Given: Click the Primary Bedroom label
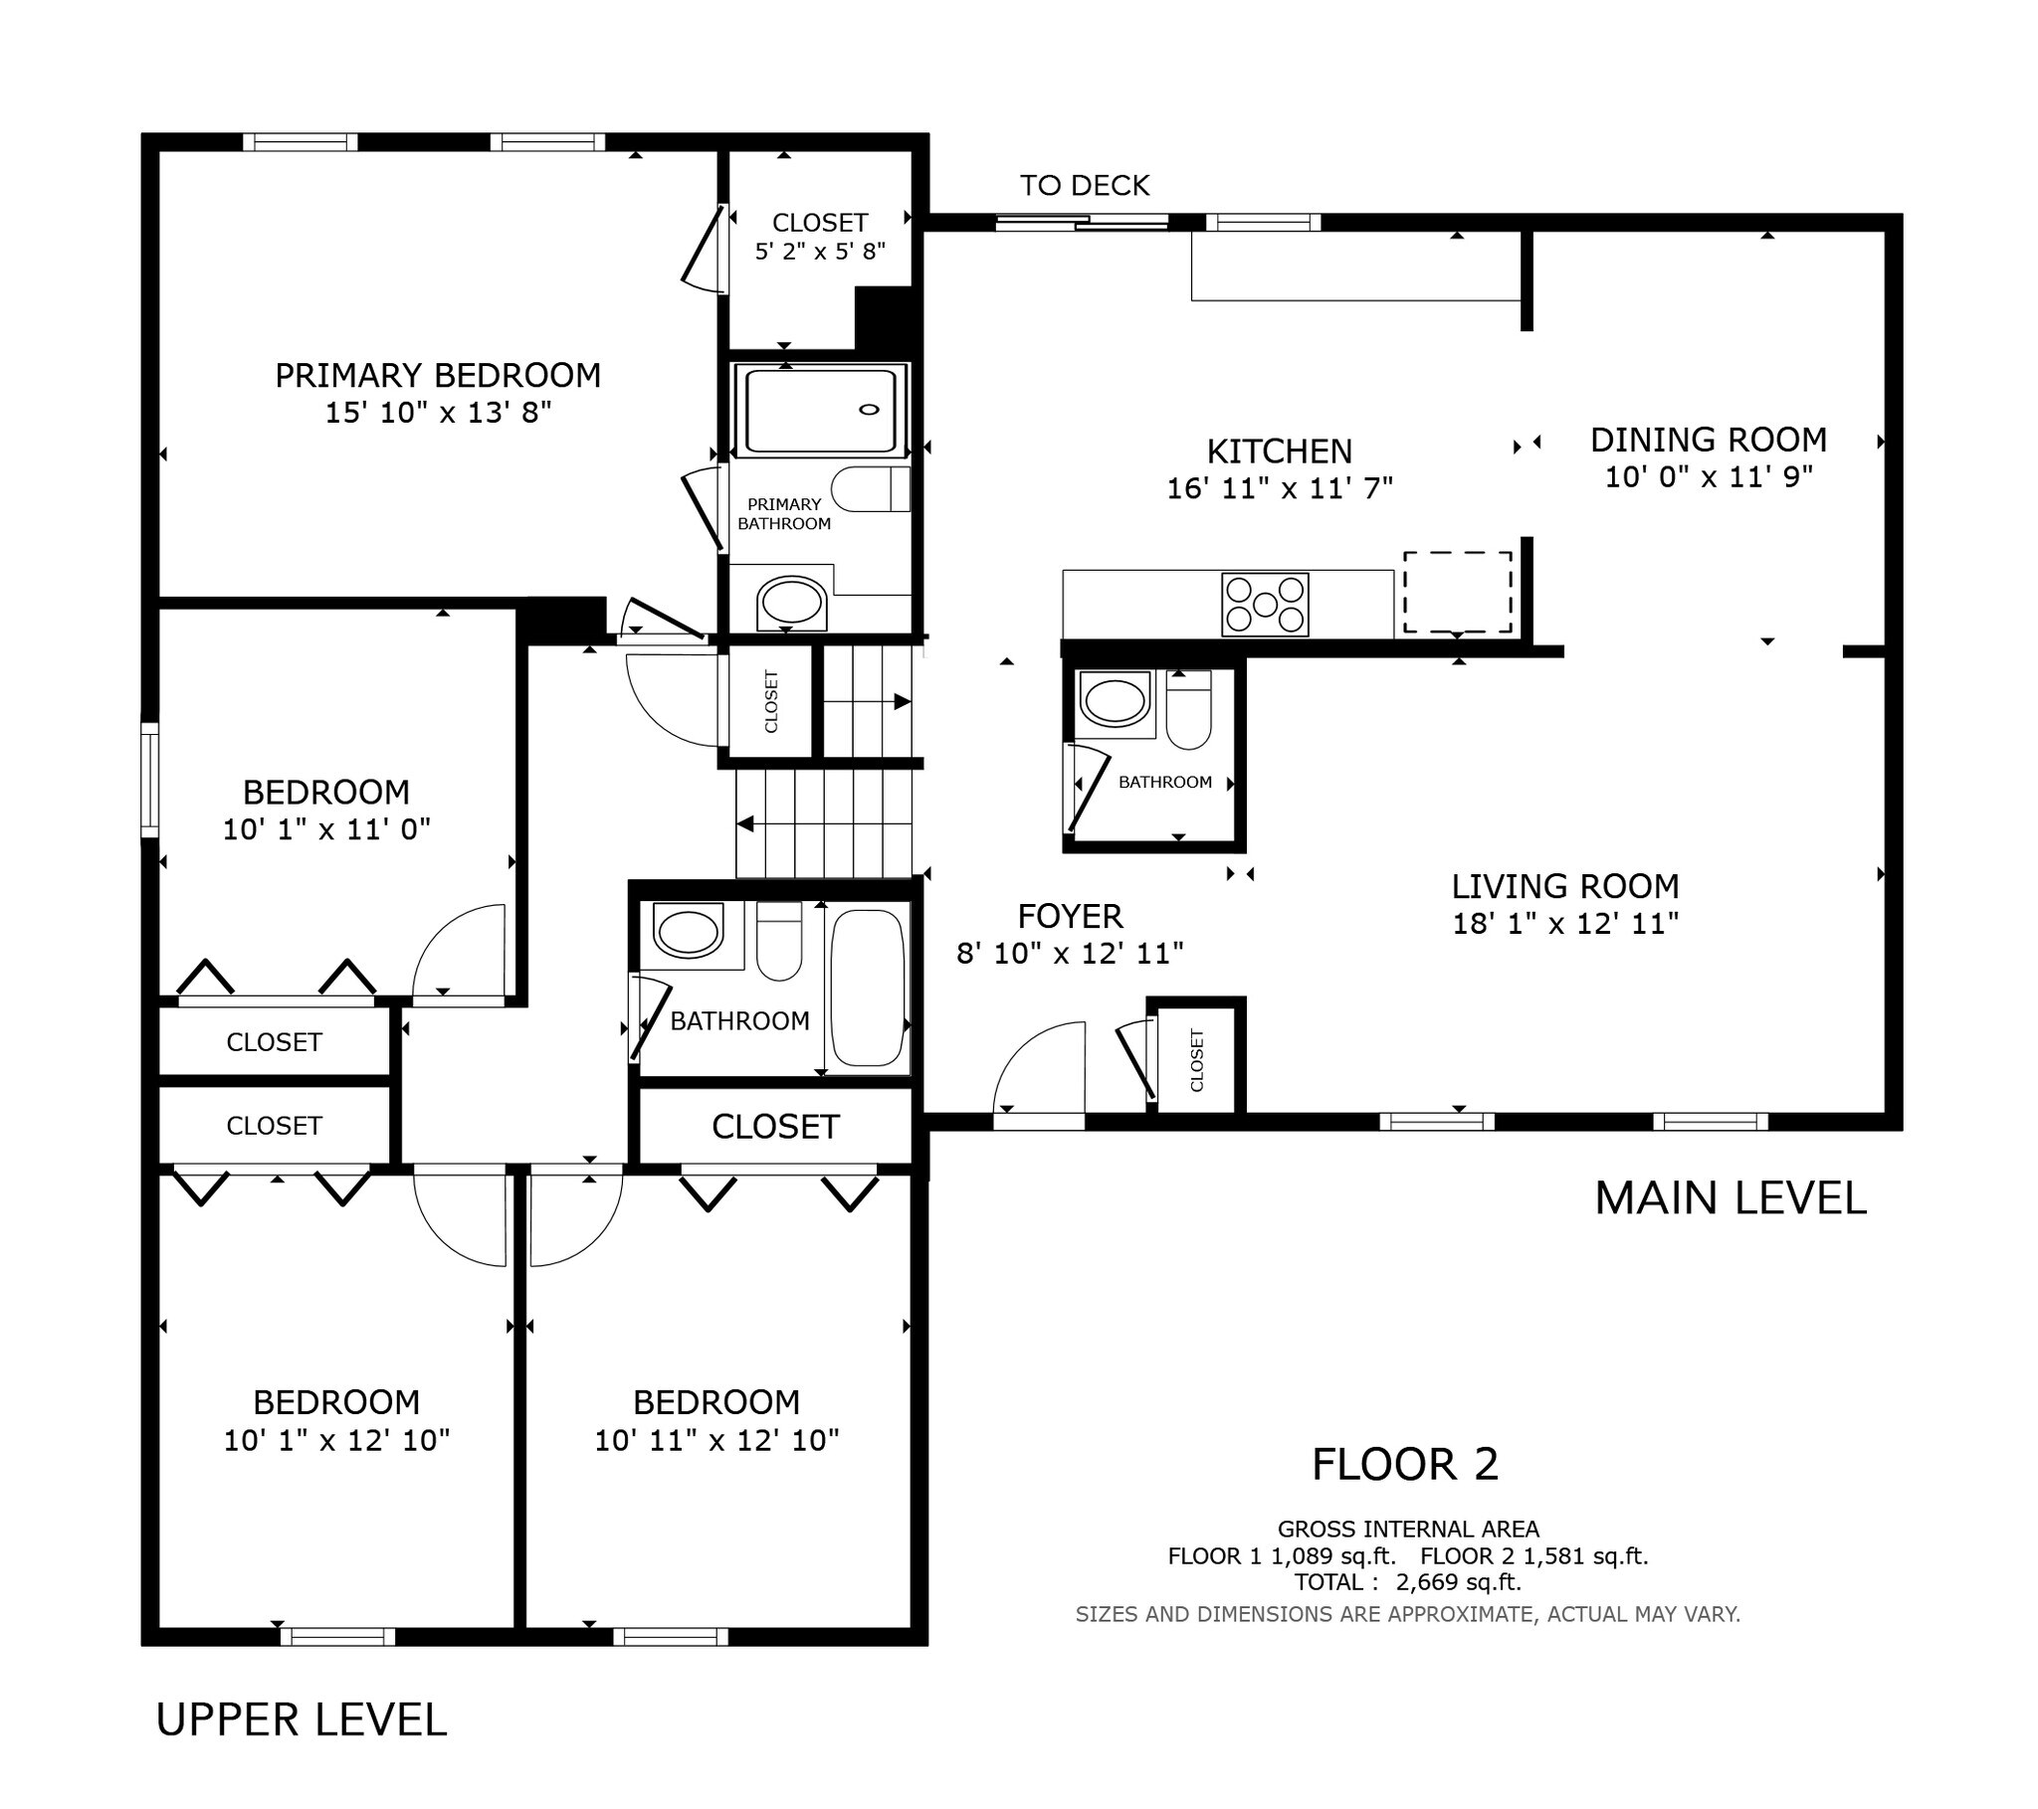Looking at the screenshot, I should (x=438, y=376).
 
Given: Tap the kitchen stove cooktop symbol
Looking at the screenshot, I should (x=1264, y=605).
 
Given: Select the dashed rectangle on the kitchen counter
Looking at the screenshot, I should (x=1457, y=592).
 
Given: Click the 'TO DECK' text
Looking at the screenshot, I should (x=1084, y=185).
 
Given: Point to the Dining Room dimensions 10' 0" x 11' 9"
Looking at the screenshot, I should (x=1708, y=477).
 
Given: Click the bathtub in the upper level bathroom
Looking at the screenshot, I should (x=868, y=988).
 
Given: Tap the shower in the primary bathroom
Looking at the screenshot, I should (x=821, y=411).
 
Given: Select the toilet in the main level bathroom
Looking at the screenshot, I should (x=1187, y=711).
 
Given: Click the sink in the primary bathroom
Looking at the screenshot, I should (x=791, y=603).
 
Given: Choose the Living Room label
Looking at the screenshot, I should (x=1564, y=886).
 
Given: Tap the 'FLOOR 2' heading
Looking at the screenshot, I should (x=1404, y=1464).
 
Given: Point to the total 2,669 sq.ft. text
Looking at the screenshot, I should (x=1407, y=1581).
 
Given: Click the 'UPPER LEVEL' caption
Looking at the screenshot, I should (x=302, y=1719).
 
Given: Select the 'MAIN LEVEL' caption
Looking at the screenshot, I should (x=1730, y=1198).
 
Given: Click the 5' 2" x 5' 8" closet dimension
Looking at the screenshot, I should (x=820, y=252).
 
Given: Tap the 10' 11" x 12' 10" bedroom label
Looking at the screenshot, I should (x=715, y=1440).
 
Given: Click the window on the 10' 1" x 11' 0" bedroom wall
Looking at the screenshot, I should (x=149, y=781).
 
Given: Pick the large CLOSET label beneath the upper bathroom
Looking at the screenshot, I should (x=775, y=1126).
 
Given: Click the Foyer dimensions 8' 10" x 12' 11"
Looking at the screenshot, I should (x=1069, y=954).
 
